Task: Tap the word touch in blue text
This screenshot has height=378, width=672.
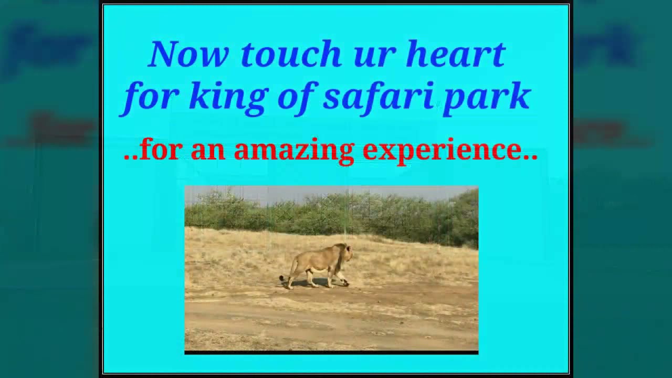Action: click(x=291, y=54)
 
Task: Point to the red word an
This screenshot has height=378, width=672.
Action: click(x=207, y=151)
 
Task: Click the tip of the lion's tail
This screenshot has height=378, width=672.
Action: click(x=282, y=278)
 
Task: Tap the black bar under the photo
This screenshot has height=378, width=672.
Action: click(x=331, y=352)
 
